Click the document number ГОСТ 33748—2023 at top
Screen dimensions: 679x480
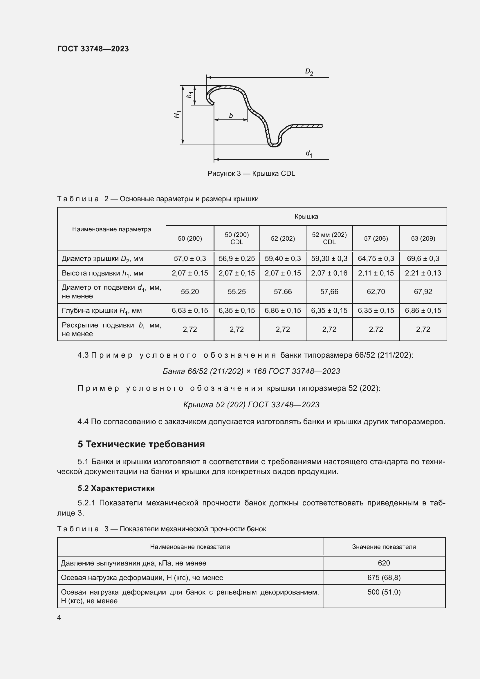point(93,49)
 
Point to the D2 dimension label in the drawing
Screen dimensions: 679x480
point(309,72)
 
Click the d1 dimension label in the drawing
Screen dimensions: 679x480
point(309,154)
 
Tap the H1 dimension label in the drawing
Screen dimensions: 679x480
point(177,114)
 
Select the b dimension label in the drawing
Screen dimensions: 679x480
point(231,116)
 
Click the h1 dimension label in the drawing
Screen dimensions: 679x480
point(190,95)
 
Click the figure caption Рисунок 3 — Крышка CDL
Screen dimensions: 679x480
point(251,174)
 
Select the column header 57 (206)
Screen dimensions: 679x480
point(376,238)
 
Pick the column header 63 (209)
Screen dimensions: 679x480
point(423,238)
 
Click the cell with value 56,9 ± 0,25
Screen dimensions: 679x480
point(237,258)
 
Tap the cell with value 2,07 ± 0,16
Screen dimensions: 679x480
point(329,273)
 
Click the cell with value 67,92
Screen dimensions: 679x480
point(423,291)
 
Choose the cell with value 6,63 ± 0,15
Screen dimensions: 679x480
point(190,311)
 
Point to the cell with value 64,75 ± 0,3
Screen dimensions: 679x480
point(376,258)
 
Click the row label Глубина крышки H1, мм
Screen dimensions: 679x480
point(102,311)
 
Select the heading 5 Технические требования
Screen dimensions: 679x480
point(141,444)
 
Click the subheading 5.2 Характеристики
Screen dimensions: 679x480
point(116,488)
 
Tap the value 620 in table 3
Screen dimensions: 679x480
point(384,563)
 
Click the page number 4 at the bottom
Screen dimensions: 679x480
point(59,617)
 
